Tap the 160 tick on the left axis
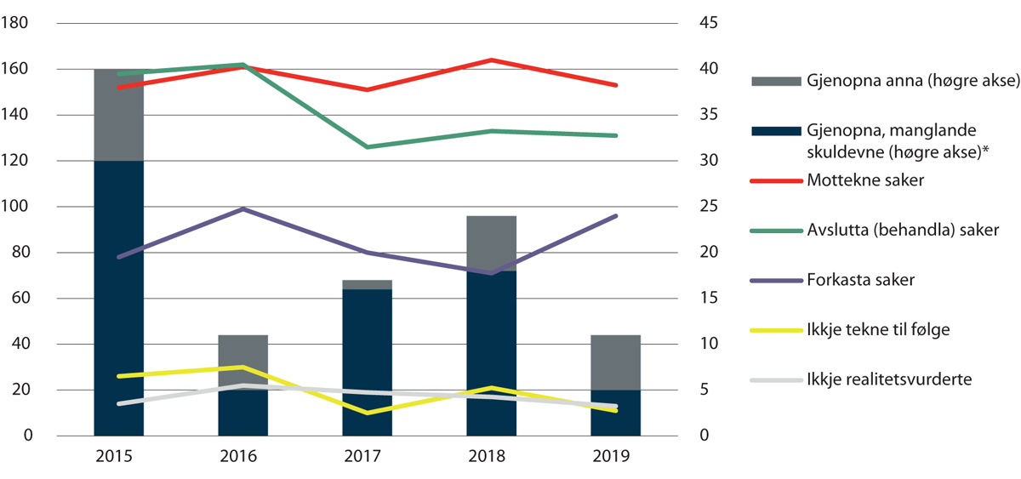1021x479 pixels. click(17, 69)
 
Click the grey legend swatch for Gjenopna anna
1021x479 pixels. click(777, 82)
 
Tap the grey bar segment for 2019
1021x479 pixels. click(615, 362)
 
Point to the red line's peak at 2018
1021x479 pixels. click(491, 60)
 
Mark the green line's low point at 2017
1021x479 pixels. click(367, 147)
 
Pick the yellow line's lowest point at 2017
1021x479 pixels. click(367, 413)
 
